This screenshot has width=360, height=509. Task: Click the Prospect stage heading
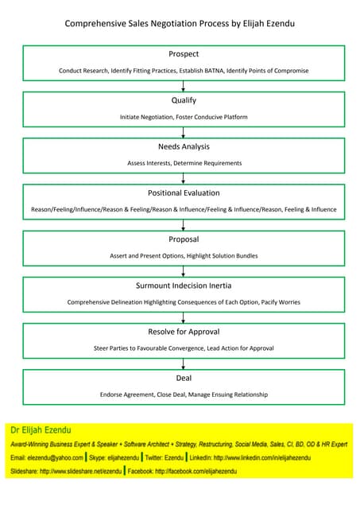[184, 54]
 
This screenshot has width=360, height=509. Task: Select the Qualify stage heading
[184, 100]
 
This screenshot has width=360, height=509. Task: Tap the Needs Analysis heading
[184, 146]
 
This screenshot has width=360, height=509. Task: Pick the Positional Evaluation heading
[184, 192]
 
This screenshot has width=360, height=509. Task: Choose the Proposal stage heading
[184, 239]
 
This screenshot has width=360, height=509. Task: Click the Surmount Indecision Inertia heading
[184, 285]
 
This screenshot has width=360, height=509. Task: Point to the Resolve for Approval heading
[184, 331]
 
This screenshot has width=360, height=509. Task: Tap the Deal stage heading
[184, 377]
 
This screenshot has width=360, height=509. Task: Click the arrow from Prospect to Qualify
[184, 87]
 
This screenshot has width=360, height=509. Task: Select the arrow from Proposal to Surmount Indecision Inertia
[184, 271]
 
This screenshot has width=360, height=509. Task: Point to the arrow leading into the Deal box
[184, 363]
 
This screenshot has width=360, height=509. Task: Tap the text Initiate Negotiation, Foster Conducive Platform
[184, 117]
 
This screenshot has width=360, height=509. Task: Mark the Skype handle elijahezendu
[120, 458]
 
